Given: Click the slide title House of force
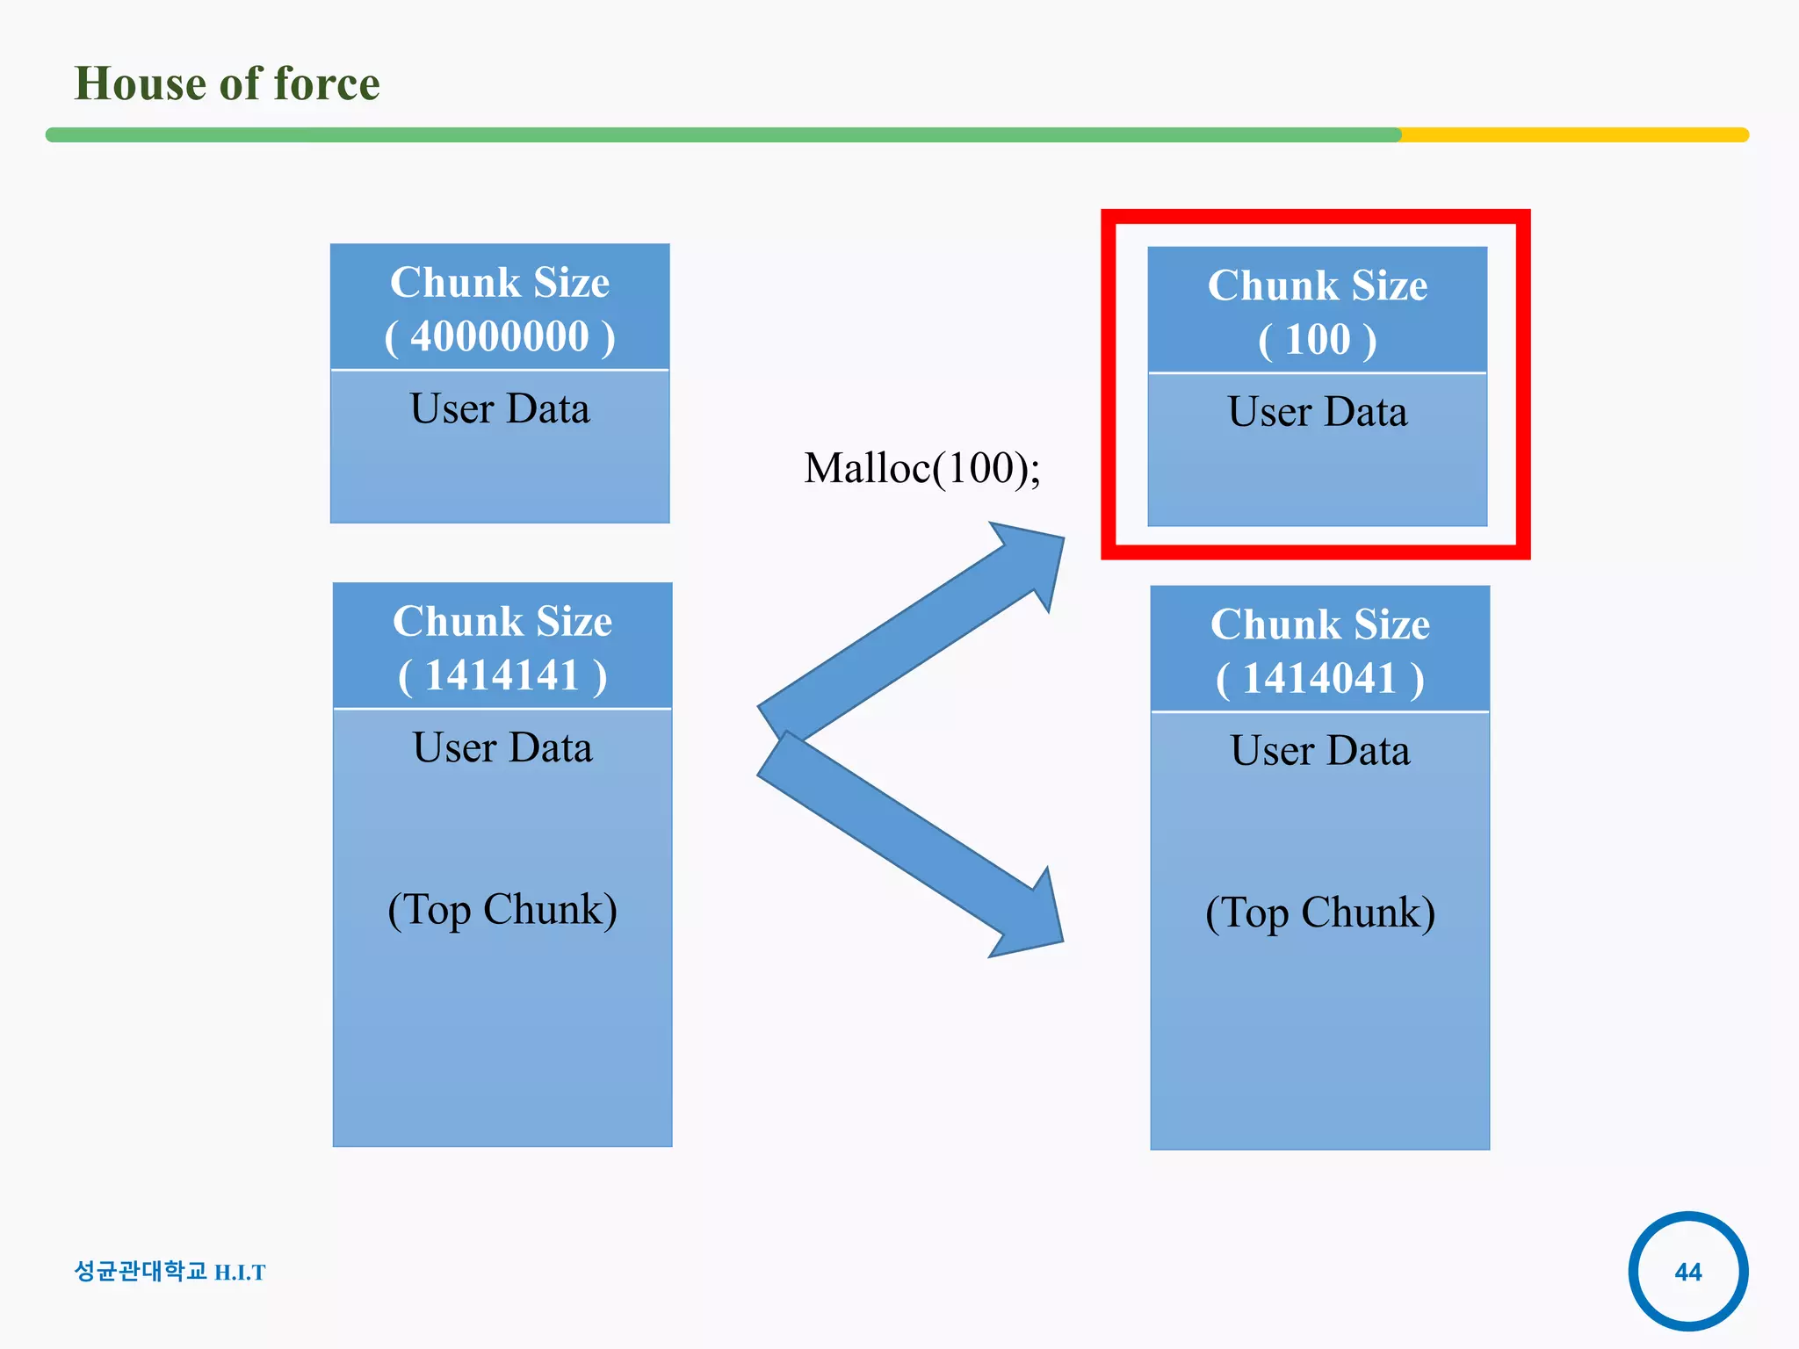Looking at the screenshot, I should point(227,84).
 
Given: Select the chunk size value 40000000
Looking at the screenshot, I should point(500,337).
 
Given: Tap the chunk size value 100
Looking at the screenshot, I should point(1317,340).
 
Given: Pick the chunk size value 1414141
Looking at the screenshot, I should point(502,676).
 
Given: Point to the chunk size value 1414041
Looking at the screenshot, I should point(1319,679).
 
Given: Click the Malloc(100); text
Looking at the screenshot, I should point(921,468).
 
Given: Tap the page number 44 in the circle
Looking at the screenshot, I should point(1687,1272).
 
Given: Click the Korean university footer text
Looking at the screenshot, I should point(141,1271).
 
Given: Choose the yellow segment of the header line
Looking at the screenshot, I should point(1572,135).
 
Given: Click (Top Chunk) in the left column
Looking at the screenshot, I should point(502,910).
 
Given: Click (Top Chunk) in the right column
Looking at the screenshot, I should point(1319,913).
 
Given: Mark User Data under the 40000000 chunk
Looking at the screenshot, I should point(500,409).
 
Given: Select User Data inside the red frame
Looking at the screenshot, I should point(1317,412).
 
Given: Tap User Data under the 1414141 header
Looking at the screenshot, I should point(502,748).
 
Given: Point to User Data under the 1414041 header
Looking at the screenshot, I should point(1319,751).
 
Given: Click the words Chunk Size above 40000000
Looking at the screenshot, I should point(500,283).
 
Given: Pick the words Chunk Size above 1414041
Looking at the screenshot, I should point(1319,624).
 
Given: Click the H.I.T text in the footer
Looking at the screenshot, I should point(240,1273).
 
